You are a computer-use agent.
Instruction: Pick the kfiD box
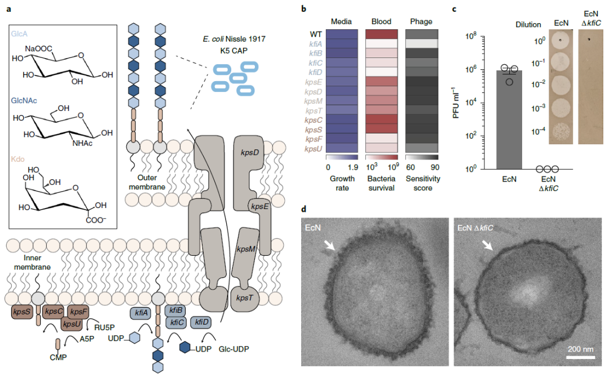pos(202,322)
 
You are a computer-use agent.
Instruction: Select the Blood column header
pos(381,22)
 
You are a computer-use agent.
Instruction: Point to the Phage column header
pos(421,22)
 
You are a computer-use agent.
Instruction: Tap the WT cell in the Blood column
pos(381,34)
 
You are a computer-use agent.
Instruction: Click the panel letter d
pos(304,209)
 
